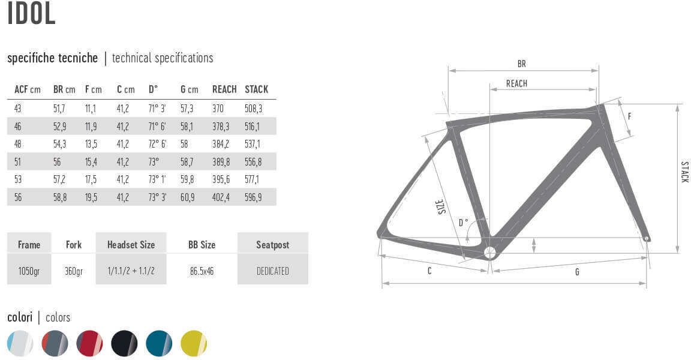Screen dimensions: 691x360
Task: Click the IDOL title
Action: pyautogui.click(x=31, y=13)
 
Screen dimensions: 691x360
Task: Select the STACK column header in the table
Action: pyautogui.click(x=257, y=89)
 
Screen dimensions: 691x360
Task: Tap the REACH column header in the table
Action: pyautogui.click(x=224, y=89)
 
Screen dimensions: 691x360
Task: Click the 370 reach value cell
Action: pyautogui.click(x=218, y=109)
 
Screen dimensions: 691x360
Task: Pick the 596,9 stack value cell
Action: pyautogui.click(x=253, y=197)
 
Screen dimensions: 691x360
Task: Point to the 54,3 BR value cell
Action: pyautogui.click(x=59, y=144)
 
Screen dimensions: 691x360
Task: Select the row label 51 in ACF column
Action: pyautogui.click(x=17, y=162)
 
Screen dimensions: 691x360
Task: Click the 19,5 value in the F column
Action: pyautogui.click(x=91, y=197)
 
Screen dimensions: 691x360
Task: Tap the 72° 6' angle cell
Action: pyautogui.click(x=157, y=144)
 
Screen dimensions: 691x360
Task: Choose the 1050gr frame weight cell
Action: pyautogui.click(x=29, y=271)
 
